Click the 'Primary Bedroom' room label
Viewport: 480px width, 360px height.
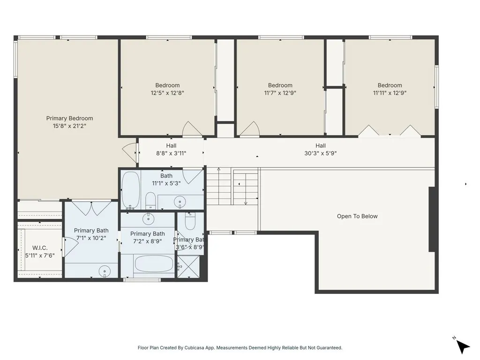(69, 118)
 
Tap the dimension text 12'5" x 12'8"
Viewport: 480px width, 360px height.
(167, 93)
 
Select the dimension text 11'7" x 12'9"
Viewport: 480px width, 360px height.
(280, 93)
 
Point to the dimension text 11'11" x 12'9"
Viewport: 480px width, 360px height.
(390, 93)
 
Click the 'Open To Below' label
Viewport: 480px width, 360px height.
(357, 216)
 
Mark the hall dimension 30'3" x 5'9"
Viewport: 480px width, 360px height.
(320, 153)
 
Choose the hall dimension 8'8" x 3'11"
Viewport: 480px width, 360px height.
(171, 153)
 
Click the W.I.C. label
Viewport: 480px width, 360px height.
(40, 247)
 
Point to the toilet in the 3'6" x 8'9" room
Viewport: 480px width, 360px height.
(190, 222)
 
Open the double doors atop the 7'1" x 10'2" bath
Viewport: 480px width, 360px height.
(91, 208)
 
